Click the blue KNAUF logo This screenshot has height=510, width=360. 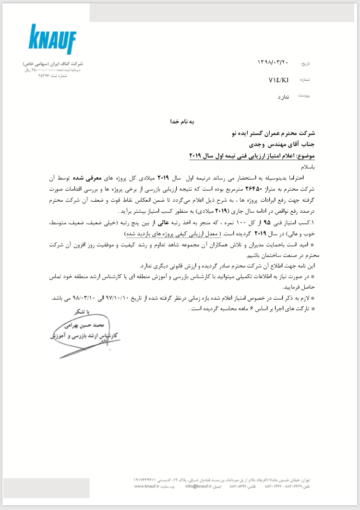click(x=52, y=39)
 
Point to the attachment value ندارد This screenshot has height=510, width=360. click(x=283, y=97)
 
